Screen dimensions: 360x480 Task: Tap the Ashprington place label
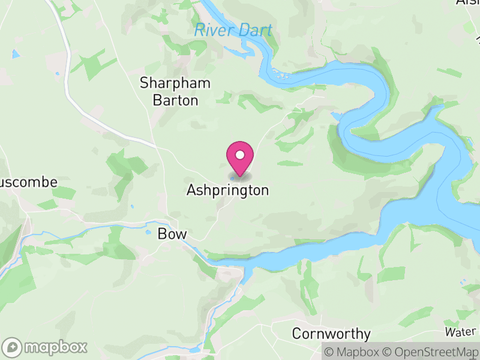click(227, 191)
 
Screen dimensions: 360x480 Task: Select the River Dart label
click(233, 30)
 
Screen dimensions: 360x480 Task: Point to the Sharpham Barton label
click(175, 91)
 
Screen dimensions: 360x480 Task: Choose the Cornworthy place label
click(331, 334)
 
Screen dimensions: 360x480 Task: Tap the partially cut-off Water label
click(461, 332)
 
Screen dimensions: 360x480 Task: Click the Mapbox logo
click(46, 347)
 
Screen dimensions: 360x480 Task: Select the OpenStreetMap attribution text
click(431, 352)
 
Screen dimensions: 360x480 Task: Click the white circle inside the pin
click(240, 155)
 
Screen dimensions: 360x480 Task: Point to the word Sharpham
click(175, 83)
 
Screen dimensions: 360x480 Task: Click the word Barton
click(175, 100)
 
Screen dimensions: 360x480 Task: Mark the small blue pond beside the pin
click(232, 178)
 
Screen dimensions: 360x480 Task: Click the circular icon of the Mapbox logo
click(13, 347)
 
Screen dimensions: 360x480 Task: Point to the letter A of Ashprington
click(191, 191)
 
